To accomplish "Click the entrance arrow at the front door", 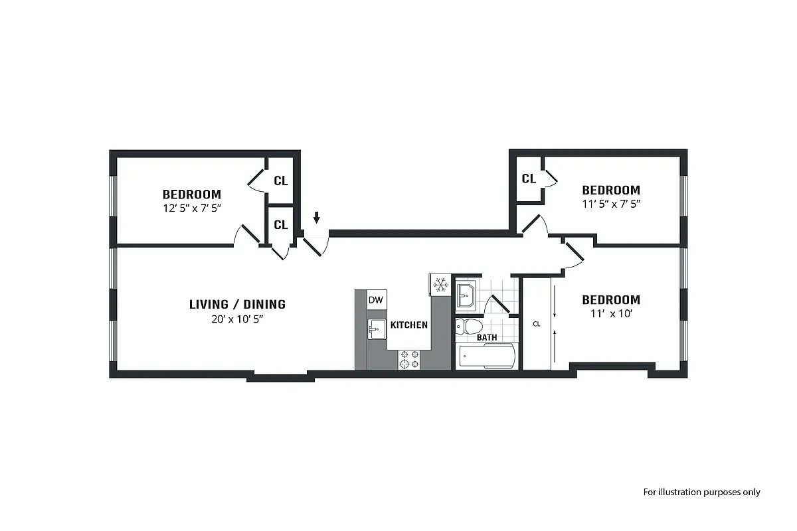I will tap(317, 218).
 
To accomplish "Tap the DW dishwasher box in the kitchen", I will tap(376, 300).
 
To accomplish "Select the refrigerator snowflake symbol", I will tap(440, 285).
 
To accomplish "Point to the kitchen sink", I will tap(376, 328).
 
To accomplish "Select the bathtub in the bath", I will tap(487, 356).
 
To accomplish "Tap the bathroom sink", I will tap(466, 294).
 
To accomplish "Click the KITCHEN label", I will tap(409, 325).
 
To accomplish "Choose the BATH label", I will tap(487, 338).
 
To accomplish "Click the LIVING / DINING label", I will tap(237, 305).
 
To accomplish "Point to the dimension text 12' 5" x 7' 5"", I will tap(192, 207).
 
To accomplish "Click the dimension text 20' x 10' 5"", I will tap(237, 319).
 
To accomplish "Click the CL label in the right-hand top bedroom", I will tap(529, 179).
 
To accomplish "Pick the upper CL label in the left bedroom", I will tap(281, 181).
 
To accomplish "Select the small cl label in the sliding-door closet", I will tap(537, 325).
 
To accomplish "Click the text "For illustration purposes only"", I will tap(701, 493).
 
